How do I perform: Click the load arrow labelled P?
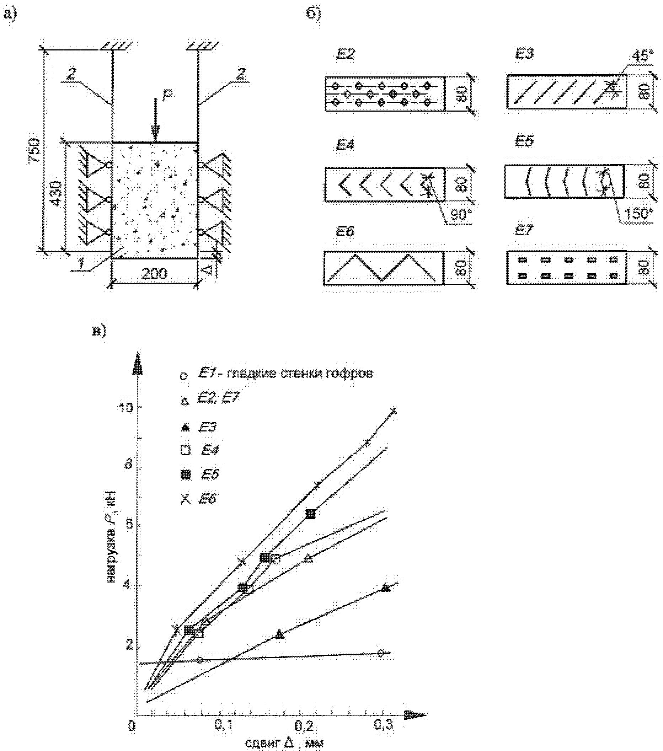(155, 119)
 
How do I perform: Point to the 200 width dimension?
(154, 274)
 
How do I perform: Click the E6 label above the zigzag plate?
(345, 232)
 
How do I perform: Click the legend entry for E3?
(199, 427)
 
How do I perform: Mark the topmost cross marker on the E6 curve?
(394, 411)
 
